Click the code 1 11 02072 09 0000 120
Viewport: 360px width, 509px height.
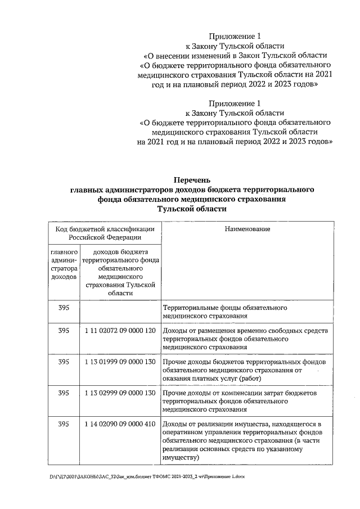(x=120, y=330)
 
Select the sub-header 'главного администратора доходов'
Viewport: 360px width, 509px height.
(x=64, y=265)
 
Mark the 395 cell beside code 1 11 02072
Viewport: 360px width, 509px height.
(x=64, y=330)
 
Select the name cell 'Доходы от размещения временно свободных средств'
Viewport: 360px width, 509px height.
(x=245, y=339)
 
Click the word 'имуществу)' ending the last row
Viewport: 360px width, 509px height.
(x=181, y=458)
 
